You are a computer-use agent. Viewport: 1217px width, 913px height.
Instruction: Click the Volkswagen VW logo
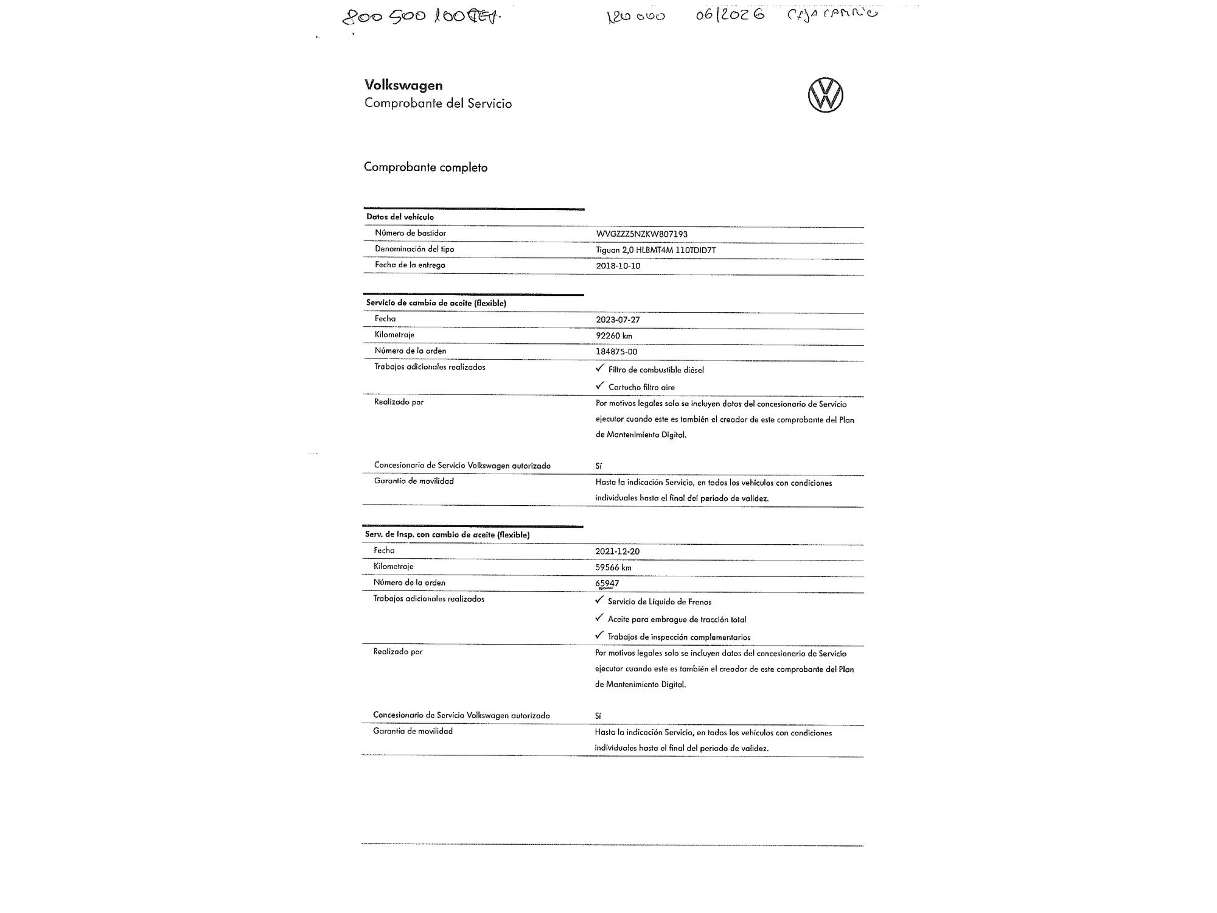[825, 96]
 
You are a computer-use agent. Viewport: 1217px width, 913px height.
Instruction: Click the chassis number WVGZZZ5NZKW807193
[641, 234]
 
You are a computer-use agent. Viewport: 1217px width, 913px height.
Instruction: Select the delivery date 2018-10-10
[618, 266]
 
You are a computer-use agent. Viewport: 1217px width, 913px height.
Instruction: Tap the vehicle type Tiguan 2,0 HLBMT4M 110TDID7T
[655, 250]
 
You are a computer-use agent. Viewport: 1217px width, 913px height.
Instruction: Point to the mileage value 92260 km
[613, 336]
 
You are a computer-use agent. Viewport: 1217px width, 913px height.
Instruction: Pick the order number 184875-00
[616, 352]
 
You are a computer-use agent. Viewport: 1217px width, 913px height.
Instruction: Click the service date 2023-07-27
[618, 320]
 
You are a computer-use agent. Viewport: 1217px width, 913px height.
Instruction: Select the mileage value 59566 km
[613, 568]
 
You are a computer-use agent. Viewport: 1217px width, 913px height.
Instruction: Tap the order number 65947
[607, 584]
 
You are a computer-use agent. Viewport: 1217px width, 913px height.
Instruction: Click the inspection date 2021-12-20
[617, 551]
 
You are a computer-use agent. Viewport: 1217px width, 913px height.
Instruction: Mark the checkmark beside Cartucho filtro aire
[600, 386]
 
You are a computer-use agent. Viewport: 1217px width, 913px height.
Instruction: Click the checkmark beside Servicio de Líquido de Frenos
[599, 600]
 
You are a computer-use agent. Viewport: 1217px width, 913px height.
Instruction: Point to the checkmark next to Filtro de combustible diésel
[600, 368]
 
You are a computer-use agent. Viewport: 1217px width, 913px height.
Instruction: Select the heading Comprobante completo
[425, 167]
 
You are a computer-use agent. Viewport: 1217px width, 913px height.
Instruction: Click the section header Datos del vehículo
[400, 217]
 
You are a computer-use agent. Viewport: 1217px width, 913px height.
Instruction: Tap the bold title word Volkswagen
[403, 85]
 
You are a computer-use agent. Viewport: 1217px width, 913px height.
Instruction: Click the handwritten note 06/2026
[730, 15]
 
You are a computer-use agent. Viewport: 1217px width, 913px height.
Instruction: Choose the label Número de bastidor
[410, 233]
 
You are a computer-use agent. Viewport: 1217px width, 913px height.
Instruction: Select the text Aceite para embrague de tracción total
[677, 620]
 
